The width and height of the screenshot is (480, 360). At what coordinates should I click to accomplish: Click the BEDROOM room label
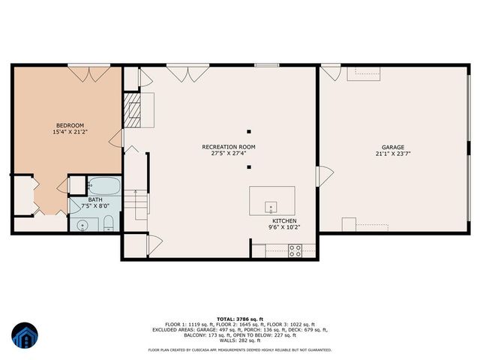click(x=70, y=125)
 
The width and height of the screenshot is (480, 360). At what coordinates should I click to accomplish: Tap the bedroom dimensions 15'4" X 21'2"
click(x=70, y=133)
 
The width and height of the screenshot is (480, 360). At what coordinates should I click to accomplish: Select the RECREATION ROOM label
click(x=229, y=146)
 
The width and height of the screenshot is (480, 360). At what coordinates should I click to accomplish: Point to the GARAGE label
click(x=393, y=147)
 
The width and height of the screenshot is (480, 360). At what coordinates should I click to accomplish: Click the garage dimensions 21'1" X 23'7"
click(x=393, y=154)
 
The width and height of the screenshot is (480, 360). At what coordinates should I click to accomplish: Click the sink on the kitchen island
click(x=271, y=206)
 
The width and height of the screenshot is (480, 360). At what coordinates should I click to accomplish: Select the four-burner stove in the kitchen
click(x=295, y=253)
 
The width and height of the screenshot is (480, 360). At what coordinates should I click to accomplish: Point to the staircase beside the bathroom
click(x=135, y=202)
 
